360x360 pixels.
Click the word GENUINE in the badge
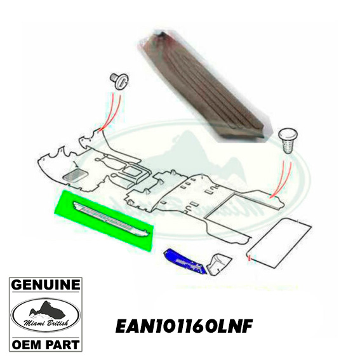click(x=46, y=285)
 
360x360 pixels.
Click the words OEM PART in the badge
click(x=46, y=345)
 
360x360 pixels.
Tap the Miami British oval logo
click(x=46, y=315)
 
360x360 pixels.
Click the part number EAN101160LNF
click(x=184, y=326)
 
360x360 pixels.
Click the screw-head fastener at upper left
click(x=119, y=80)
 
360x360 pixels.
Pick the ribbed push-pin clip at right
click(x=288, y=141)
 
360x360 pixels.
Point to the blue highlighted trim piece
click(x=185, y=262)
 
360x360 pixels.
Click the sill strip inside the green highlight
click(x=111, y=218)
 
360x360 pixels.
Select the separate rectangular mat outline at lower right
click(x=279, y=243)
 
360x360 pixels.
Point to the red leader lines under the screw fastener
click(x=110, y=112)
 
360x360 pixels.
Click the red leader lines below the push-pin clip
click(x=281, y=179)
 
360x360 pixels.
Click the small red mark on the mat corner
click(x=250, y=259)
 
